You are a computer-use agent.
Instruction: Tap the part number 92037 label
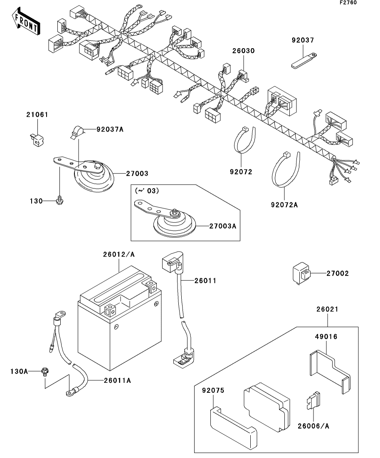coord(303,40)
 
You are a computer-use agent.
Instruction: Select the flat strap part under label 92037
coord(304,60)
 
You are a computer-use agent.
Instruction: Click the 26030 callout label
coord(243,51)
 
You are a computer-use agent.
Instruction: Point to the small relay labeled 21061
coord(36,140)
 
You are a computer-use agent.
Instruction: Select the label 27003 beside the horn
coord(137,174)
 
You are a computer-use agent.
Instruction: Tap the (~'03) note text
coord(147,191)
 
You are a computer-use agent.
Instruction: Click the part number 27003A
coord(222,226)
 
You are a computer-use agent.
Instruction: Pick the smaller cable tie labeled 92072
coord(244,140)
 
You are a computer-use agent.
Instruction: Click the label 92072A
coord(284,205)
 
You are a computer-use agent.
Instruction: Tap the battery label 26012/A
coord(119,255)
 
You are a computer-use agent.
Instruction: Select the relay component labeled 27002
coord(301,273)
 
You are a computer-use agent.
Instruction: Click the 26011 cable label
coord(205,281)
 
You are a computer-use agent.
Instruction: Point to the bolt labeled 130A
coord(45,371)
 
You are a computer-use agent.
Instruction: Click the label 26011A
coord(117,381)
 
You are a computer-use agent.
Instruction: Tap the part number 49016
coord(326,337)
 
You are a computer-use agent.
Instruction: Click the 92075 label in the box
coord(213,391)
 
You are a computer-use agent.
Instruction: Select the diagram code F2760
coord(348,2)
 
